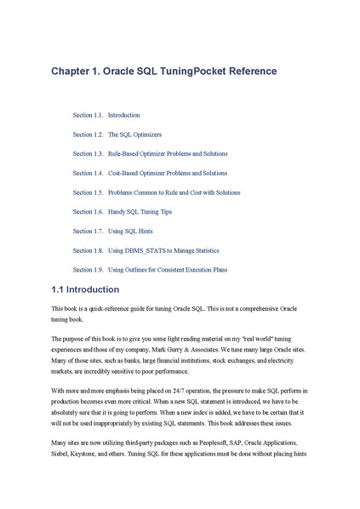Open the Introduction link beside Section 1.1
point(123,114)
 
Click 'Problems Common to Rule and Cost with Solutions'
point(174,192)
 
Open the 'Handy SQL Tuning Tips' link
point(140,211)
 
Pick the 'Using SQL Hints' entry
point(129,231)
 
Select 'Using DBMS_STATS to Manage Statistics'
point(163,250)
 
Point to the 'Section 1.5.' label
point(88,192)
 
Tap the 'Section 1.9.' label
point(88,270)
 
